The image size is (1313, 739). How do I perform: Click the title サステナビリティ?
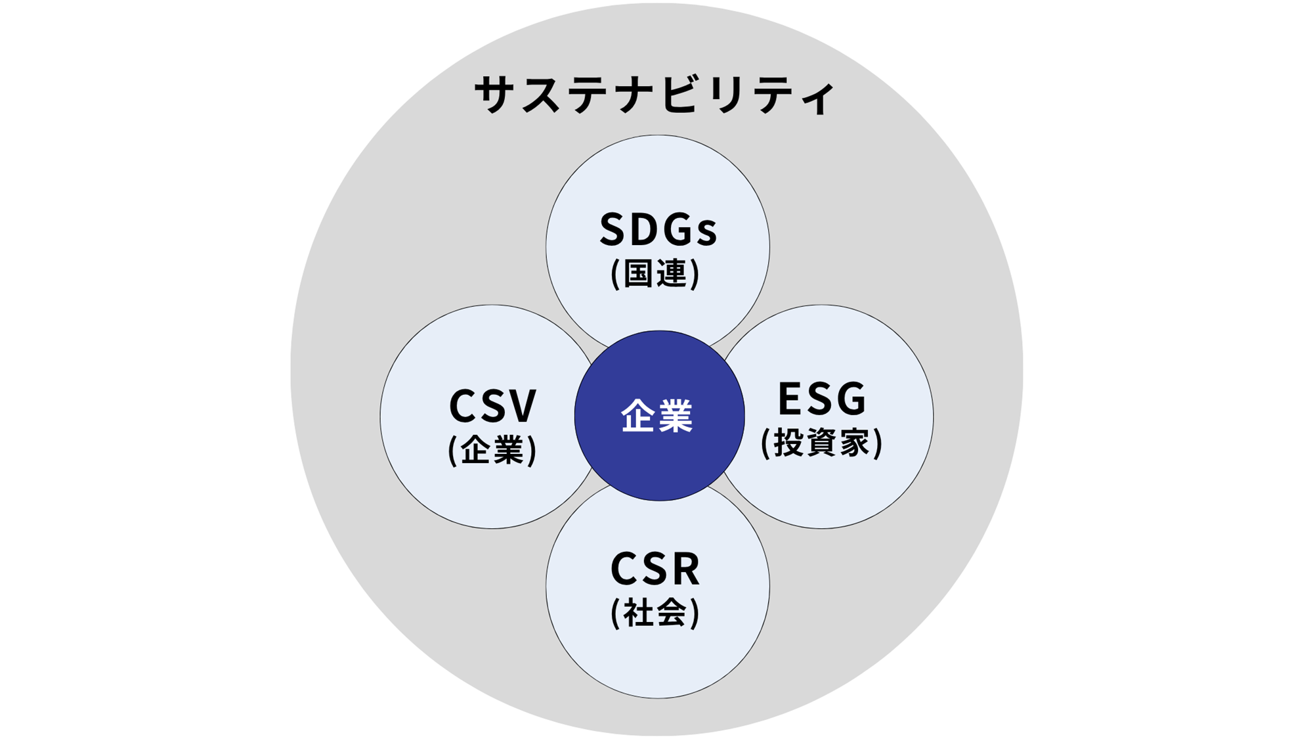[655, 95]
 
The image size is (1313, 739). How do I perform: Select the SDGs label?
[658, 231]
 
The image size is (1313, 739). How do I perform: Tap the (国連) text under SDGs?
[655, 273]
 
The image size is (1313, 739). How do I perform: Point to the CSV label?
[492, 406]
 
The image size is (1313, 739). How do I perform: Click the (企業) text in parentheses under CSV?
[492, 451]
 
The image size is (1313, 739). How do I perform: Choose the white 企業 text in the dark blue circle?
[657, 416]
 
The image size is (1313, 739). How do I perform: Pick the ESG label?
[822, 399]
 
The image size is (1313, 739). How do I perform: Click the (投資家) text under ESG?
[821, 443]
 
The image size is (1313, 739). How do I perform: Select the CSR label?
[655, 569]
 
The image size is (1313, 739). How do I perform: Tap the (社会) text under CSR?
[655, 614]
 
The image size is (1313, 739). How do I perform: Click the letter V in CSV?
[522, 406]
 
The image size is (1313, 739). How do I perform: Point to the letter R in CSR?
[685, 569]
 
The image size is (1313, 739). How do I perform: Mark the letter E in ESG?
[790, 399]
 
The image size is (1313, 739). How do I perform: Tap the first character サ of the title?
[494, 95]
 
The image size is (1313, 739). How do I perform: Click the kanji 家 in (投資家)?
[853, 443]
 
